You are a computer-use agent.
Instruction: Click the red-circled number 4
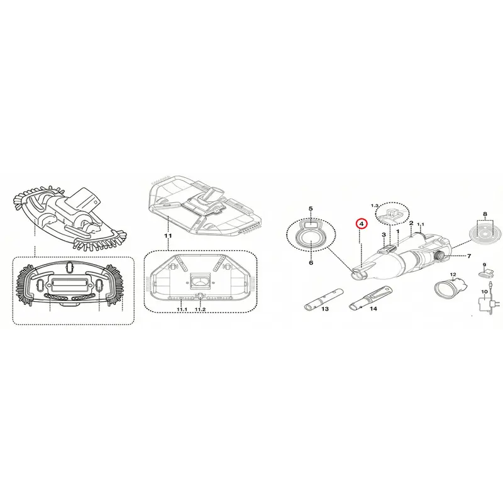pos(361,224)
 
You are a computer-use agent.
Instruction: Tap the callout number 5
pos(311,209)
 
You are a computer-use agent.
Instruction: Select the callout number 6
pos(311,263)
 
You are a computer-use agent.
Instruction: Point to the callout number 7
pos(469,256)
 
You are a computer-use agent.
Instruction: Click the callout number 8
pos(485,214)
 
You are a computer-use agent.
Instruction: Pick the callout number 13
pos(325,309)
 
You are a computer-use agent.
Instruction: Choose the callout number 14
pos(373,309)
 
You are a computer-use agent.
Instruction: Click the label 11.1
pos(182,309)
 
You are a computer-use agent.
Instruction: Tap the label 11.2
pos(200,309)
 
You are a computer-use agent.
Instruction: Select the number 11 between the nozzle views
pos(168,236)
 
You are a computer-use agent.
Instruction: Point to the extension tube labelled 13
pos(323,298)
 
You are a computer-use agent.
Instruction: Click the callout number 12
pos(453,275)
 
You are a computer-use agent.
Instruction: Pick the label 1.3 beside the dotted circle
pos(375,206)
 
